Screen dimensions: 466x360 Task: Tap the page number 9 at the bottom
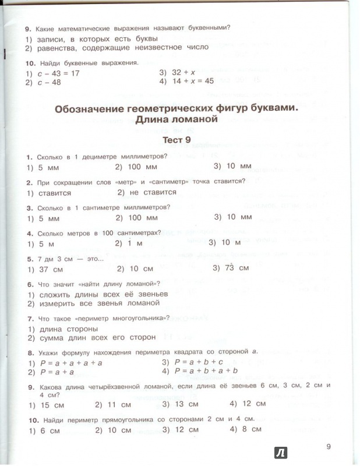pos(329,447)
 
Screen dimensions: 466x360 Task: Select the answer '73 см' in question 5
pos(237,268)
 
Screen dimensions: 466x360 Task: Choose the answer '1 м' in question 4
pos(129,242)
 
